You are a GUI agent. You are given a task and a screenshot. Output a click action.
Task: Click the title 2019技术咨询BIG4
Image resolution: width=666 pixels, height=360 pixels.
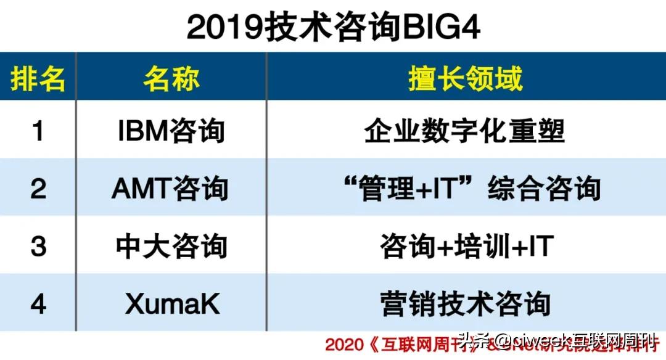(x=333, y=27)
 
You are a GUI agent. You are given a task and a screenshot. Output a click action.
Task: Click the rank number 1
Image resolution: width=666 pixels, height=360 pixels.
(x=38, y=131)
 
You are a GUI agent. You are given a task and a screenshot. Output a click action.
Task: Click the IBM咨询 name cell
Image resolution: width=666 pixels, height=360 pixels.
(x=171, y=131)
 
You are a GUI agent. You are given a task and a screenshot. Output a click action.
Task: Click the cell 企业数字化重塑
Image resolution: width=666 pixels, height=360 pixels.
(x=465, y=131)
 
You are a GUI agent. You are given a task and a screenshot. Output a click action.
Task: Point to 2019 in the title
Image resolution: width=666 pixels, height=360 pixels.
(x=224, y=27)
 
